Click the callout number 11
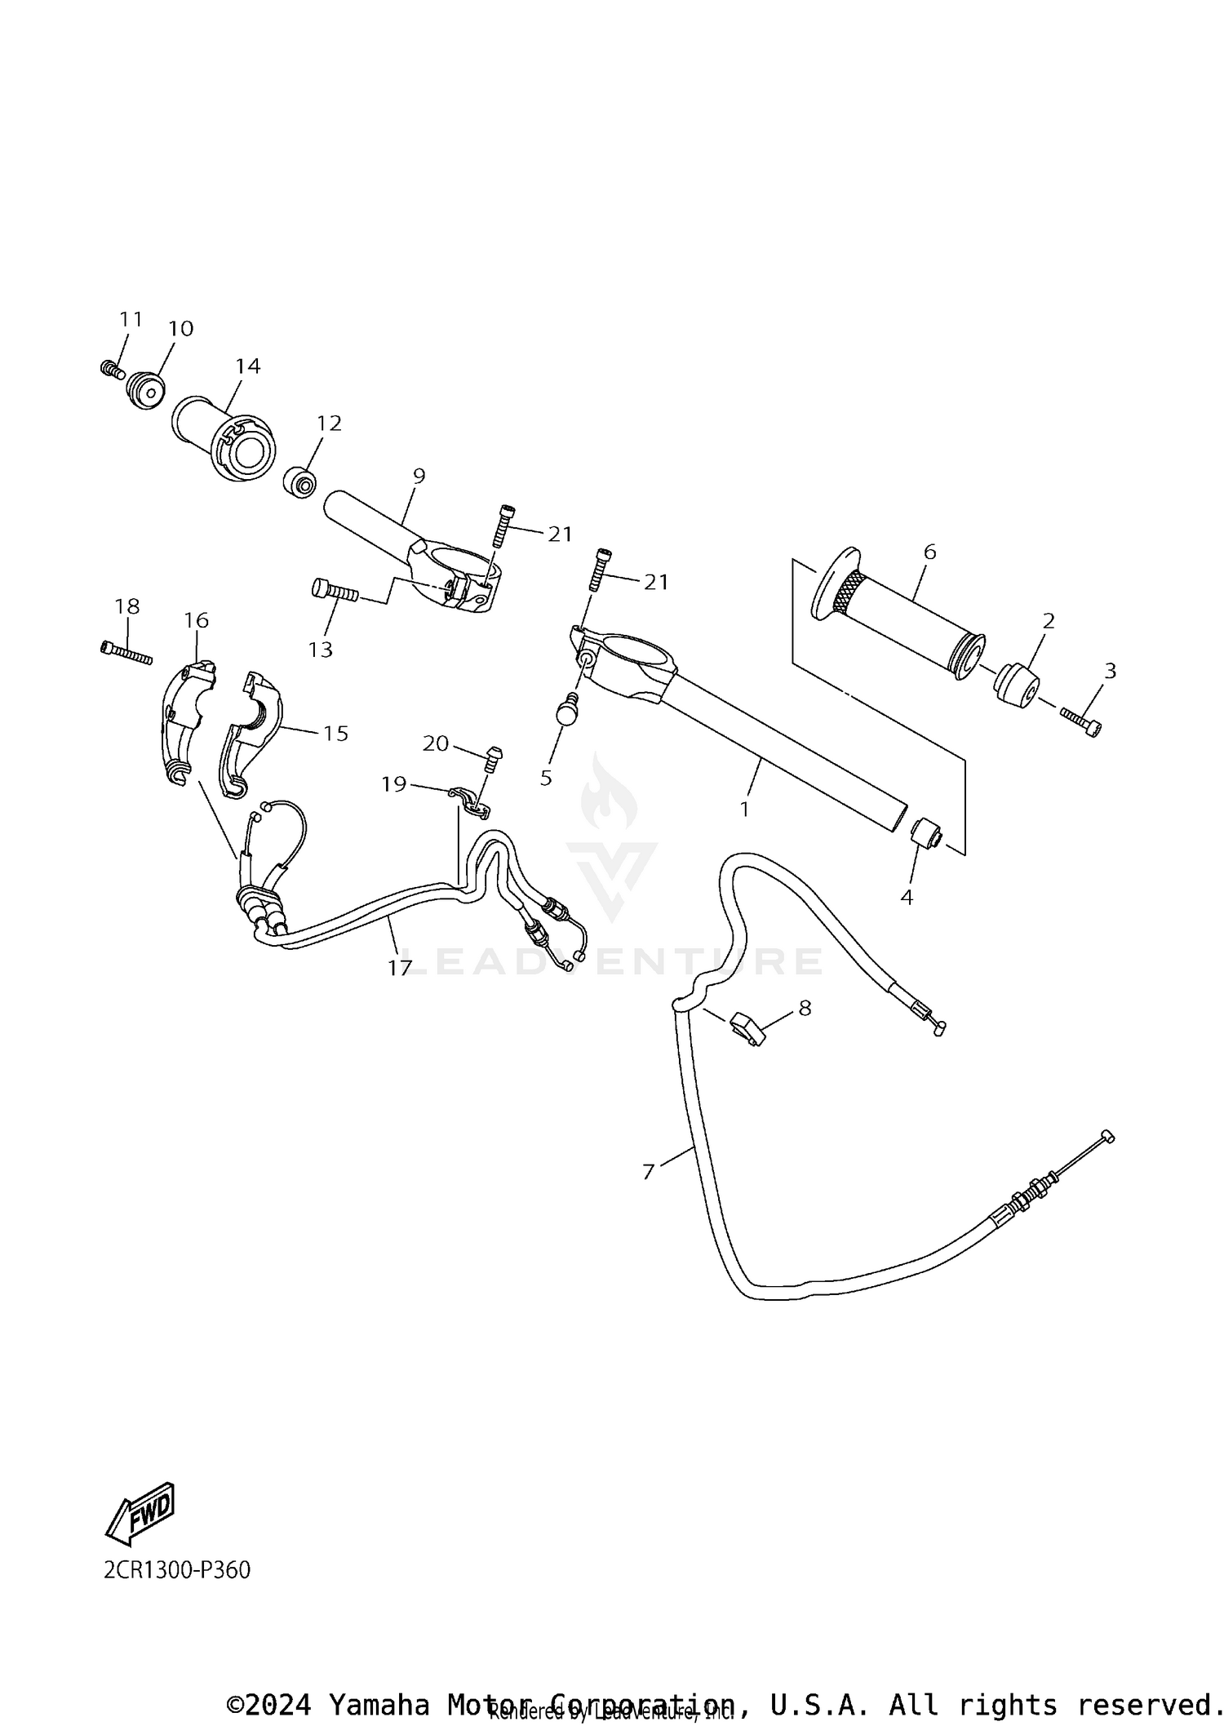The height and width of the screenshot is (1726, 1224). point(131,319)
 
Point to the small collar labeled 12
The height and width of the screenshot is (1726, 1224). point(300,481)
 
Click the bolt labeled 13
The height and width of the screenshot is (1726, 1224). point(334,589)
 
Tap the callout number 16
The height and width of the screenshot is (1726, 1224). point(197,620)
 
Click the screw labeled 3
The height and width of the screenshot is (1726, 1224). point(1080,721)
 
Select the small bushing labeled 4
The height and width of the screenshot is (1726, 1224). point(926,834)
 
